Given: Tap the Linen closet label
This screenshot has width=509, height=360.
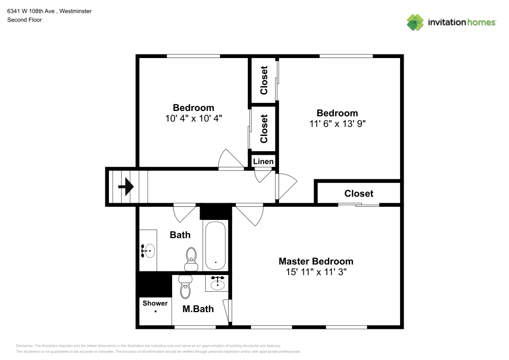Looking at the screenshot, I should click(263, 161).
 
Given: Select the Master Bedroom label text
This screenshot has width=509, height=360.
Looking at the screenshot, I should click(316, 261).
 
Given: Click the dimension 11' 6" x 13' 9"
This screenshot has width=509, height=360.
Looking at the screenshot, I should click(337, 123).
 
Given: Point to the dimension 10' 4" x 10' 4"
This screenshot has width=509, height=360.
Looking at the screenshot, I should click(193, 118).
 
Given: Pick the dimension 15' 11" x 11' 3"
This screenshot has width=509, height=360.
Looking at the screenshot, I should click(316, 272).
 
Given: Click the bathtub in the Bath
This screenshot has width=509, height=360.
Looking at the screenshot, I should click(216, 245).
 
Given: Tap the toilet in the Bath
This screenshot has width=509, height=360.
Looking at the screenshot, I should click(191, 257).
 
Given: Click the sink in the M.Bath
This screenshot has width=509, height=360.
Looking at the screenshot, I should click(218, 283).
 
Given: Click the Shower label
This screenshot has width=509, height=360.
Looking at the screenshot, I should click(155, 303).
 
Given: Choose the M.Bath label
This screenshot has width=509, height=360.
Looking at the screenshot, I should click(198, 309).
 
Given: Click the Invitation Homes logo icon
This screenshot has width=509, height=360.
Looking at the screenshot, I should click(415, 22).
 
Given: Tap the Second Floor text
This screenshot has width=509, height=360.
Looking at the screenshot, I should click(24, 20).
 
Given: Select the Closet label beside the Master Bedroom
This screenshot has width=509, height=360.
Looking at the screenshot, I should click(358, 193).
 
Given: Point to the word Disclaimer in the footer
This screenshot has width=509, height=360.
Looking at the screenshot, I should click(25, 345).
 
